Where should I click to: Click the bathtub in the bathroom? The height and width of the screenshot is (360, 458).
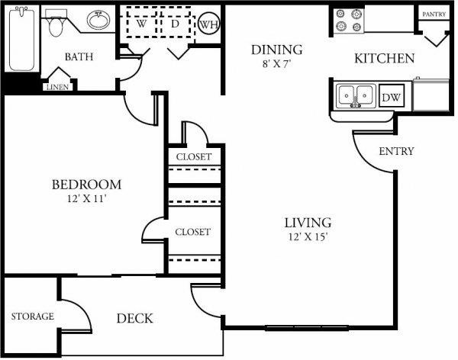click(x=22, y=39)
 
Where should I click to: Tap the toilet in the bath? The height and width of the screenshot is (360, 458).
click(x=56, y=23)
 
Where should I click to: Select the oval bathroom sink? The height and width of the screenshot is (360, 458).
click(x=98, y=20)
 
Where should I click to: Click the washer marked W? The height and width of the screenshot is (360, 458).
click(x=142, y=24)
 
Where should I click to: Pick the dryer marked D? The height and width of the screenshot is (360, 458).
click(x=176, y=24)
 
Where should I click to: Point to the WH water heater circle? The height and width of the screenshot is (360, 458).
click(x=209, y=24)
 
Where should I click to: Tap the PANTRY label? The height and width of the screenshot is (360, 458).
click(x=434, y=14)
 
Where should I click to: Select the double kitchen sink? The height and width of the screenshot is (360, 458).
click(x=356, y=96)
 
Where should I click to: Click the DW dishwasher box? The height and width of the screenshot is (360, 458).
click(x=392, y=97)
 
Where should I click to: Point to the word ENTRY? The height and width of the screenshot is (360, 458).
click(x=396, y=151)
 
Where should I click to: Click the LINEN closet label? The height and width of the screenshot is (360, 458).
click(x=57, y=87)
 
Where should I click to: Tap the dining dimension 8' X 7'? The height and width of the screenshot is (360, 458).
click(x=277, y=64)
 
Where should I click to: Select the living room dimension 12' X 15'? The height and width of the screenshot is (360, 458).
click(x=308, y=236)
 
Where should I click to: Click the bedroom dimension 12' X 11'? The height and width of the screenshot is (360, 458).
click(x=86, y=198)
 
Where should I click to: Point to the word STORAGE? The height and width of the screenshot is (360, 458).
click(x=32, y=317)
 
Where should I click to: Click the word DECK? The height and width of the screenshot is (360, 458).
click(x=134, y=319)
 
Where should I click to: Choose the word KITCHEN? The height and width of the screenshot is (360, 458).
click(x=385, y=59)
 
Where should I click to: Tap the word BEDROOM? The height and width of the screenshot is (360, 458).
click(x=86, y=185)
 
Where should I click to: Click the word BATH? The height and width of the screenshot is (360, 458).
click(x=79, y=56)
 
